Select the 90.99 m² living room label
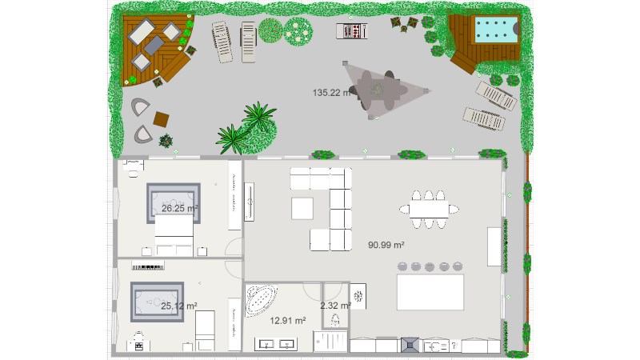[386, 245]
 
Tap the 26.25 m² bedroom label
[179, 208]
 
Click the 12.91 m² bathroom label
[288, 321]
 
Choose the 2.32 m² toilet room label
[335, 306]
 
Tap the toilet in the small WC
[335, 320]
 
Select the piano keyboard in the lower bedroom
[147, 267]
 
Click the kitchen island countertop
[430, 292]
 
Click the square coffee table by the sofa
[303, 207]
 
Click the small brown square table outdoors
[162, 119]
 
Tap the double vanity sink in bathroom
[277, 345]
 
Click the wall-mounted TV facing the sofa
[249, 202]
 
